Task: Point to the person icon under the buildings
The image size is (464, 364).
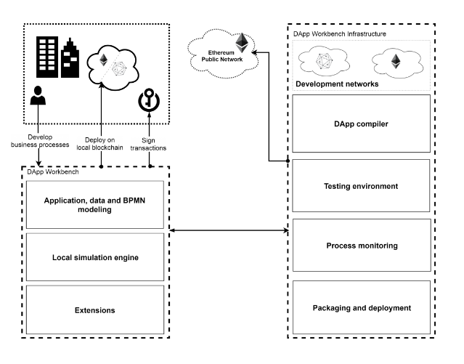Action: [x=38, y=99]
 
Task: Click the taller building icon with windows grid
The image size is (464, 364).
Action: [x=47, y=58]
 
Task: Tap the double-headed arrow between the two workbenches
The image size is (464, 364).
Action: [x=228, y=232]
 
